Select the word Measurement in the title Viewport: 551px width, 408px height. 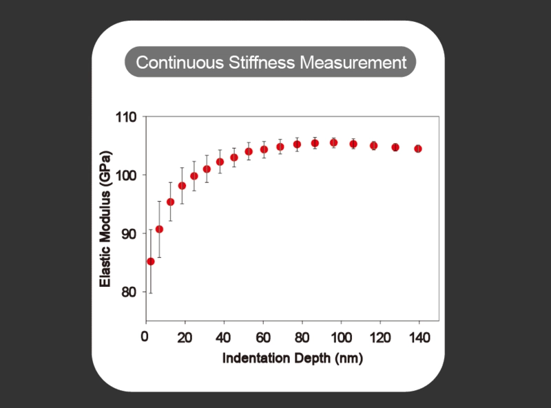353,62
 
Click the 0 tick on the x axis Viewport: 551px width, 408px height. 145,337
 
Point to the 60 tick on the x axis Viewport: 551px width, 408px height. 263,337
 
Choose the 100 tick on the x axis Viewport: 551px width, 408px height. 342,337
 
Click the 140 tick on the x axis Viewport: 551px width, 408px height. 419,337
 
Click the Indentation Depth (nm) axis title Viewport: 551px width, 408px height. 292,358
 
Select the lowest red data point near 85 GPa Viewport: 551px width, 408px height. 151,261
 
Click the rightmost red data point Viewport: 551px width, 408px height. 417,149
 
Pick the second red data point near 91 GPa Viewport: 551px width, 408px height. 159,229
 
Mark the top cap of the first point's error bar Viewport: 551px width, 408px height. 151,230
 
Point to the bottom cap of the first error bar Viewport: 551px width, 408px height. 151,293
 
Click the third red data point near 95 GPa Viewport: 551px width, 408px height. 170,202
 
